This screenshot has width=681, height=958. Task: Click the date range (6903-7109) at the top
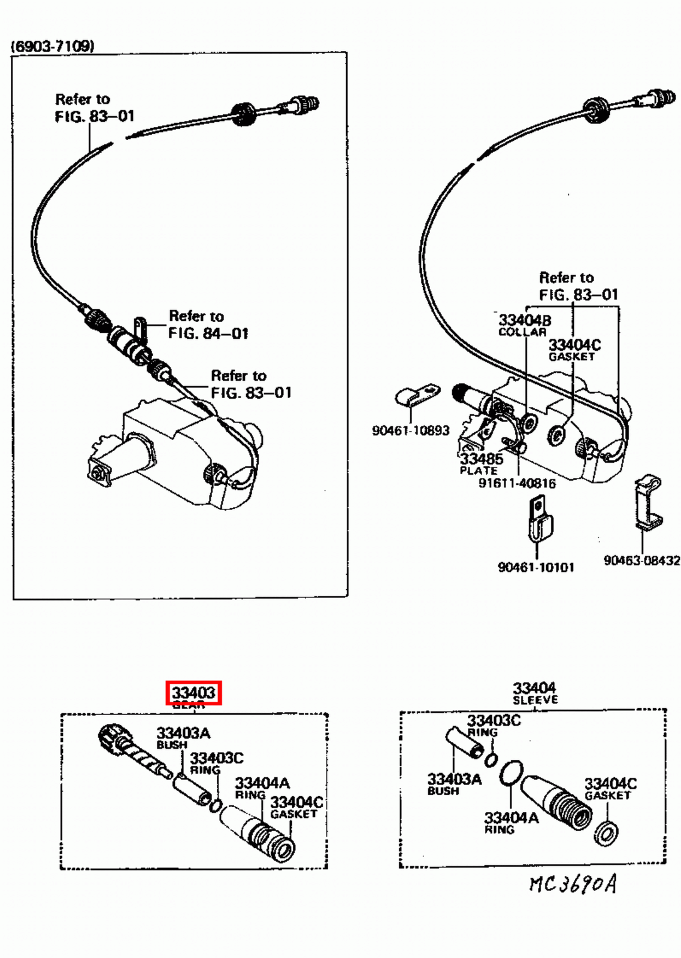pos(53,46)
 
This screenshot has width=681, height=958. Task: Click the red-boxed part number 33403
pos(193,693)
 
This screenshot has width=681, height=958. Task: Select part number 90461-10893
pos(410,431)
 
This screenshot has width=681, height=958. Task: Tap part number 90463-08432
pos(641,560)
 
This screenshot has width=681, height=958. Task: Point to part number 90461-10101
pos(535,567)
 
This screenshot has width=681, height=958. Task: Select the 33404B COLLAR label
pos(524,325)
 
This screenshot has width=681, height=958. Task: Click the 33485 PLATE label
pos(481,463)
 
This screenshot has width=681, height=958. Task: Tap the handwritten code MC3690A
pos(572,884)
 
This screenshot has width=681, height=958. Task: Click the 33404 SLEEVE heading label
pos(534,693)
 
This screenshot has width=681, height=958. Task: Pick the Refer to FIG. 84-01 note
pos(207,325)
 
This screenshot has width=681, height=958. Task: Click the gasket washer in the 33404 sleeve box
pos(606,832)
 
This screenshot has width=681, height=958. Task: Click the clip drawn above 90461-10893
pos(417,395)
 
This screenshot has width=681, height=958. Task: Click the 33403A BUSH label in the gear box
pos(182,738)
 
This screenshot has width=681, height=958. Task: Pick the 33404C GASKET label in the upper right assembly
pos(574,350)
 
